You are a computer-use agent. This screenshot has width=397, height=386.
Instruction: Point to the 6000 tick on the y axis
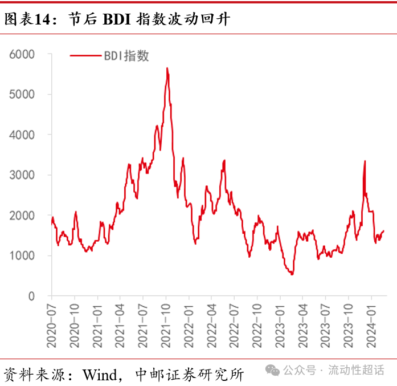pos(22,54)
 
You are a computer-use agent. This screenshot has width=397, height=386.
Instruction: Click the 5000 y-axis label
pos(22,94)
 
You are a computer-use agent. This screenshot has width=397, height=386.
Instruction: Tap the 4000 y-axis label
pos(22,135)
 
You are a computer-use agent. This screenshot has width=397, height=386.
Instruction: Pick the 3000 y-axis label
pos(22,175)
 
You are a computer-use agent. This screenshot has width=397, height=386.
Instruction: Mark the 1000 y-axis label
pos(22,256)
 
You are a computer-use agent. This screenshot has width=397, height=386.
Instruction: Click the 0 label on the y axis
pos(32,296)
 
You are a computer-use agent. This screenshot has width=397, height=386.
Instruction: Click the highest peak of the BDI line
pos(167,68)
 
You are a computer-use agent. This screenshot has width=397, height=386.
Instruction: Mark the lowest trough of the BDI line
pos(292,275)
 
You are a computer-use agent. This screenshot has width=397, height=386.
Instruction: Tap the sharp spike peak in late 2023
pos(365,161)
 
